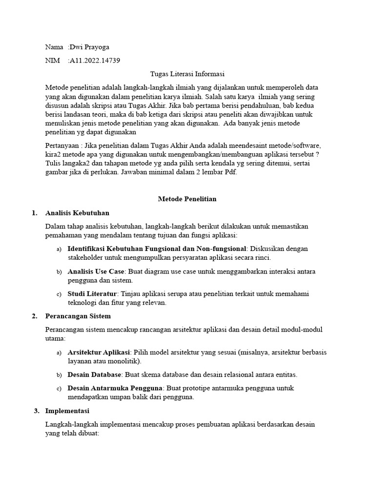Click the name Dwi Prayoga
[90, 47]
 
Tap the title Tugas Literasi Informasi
[187, 74]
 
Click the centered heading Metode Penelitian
[187, 199]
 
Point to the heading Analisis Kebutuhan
[77, 213]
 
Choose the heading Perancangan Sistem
[78, 316]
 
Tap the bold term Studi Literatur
[92, 294]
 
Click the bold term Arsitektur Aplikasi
[99, 352]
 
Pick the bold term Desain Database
[94, 375]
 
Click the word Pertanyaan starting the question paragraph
[62, 146]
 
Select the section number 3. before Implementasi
[37, 411]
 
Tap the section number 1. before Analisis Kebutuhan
[34, 213]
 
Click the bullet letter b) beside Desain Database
[59, 375]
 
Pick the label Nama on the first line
[54, 47]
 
